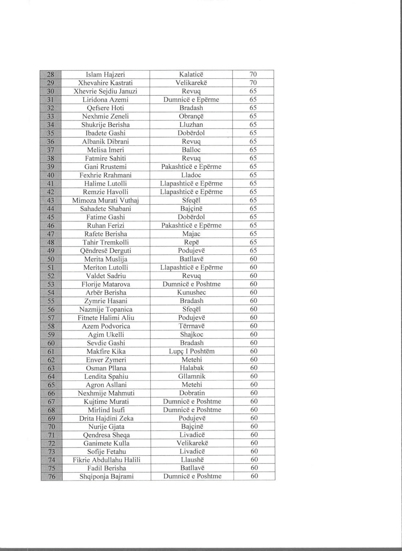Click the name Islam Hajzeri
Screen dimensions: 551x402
[105, 75]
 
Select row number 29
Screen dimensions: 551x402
[51, 83]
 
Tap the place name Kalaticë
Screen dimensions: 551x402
[191, 74]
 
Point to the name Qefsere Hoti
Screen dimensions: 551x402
[105, 108]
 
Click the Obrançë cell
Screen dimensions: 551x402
[191, 116]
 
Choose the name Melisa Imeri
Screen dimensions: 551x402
[105, 150]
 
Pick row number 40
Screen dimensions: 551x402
[51, 175]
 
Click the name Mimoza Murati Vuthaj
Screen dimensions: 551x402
[105, 200]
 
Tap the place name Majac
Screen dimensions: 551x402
[191, 234]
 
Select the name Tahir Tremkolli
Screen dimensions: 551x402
[106, 242]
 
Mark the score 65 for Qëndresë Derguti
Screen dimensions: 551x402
[253, 251]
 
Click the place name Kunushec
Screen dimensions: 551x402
[191, 292]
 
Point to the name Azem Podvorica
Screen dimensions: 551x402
[106, 326]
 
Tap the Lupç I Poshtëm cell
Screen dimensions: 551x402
[192, 351]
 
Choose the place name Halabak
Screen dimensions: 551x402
[192, 368]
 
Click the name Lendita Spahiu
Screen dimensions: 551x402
[106, 377]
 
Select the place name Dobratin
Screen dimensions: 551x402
[192, 393]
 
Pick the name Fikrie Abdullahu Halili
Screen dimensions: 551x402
[107, 460]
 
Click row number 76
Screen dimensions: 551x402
[52, 476]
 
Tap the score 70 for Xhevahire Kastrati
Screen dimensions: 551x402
[253, 83]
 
